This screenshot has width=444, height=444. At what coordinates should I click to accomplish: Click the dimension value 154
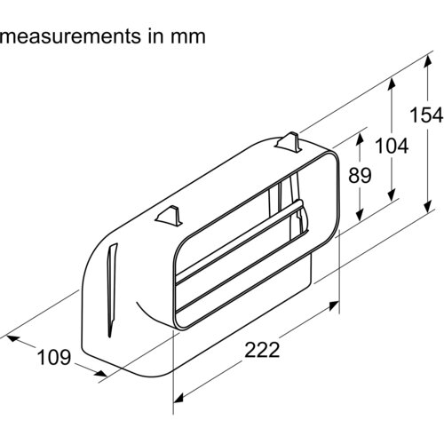pos(426,115)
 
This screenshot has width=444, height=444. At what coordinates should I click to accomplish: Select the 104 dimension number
pos(392,146)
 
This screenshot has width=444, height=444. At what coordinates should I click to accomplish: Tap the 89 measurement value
pos(360,175)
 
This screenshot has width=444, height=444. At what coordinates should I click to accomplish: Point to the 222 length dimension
pos(262,350)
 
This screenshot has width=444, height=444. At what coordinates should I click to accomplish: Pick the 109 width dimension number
pos(54,357)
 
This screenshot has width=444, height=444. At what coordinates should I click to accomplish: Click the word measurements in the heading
pos(70,36)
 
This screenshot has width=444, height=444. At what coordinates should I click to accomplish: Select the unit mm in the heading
pos(188,37)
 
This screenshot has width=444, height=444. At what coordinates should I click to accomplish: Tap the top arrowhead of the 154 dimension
pos(427,62)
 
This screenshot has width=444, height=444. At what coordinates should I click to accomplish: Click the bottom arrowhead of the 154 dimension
pos(427,207)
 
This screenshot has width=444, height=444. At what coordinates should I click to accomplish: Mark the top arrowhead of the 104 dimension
pos(392,83)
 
